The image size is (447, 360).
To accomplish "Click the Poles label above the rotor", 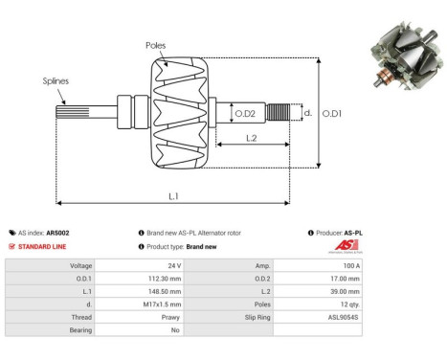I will tap(155, 45).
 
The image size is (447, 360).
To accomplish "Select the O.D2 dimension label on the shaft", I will tap(245, 114).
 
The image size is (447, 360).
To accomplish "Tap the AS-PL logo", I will tap(343, 246).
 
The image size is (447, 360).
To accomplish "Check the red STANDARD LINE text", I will tap(45, 246).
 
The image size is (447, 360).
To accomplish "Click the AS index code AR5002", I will tap(57, 233).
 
